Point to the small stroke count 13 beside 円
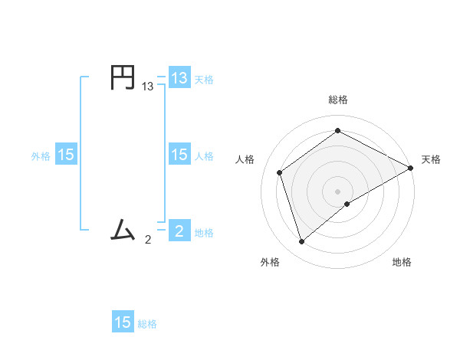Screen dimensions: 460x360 click(148, 87)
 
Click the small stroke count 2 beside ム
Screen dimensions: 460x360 click(148, 239)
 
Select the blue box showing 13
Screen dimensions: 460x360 click(179, 78)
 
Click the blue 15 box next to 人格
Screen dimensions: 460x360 click(179, 155)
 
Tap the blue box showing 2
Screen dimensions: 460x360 click(179, 231)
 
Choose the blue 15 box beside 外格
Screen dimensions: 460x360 click(66, 155)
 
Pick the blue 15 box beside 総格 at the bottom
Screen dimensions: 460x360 click(123, 322)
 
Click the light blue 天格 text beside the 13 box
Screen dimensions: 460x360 click(204, 79)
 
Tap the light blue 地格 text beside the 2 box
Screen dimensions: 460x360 click(204, 232)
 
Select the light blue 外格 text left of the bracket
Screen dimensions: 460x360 click(41, 155)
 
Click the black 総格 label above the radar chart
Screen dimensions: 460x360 click(337, 100)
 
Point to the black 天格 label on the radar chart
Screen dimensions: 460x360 click(431, 159)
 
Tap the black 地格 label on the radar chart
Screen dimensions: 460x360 click(402, 262)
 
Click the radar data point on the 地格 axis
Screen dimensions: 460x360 click(347, 204)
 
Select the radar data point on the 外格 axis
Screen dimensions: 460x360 click(302, 242)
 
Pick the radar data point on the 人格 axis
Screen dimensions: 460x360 click(280, 172)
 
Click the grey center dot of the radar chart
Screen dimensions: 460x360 click(337, 191)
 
